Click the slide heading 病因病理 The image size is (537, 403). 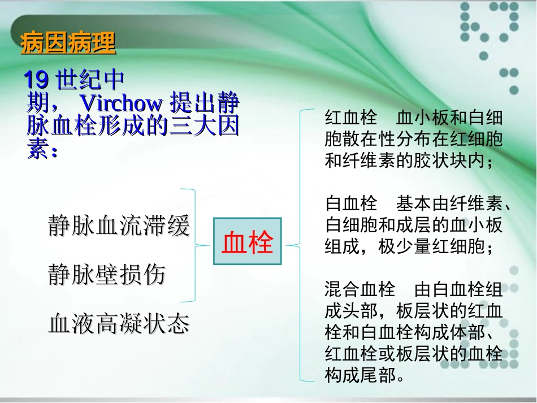coord(68,44)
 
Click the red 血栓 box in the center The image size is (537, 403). coord(247,241)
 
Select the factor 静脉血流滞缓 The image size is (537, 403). coord(119,226)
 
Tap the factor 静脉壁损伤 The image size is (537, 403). coord(107,275)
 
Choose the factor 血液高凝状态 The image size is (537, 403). coord(119,324)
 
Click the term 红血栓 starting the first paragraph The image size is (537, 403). coord(351,118)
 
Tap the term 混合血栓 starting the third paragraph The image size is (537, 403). coord(360,291)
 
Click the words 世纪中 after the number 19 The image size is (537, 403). coord(91,80)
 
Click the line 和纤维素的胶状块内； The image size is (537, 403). coord(410,161)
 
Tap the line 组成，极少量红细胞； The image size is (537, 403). coord(410,247)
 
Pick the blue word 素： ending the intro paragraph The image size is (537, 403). coord(42,150)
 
